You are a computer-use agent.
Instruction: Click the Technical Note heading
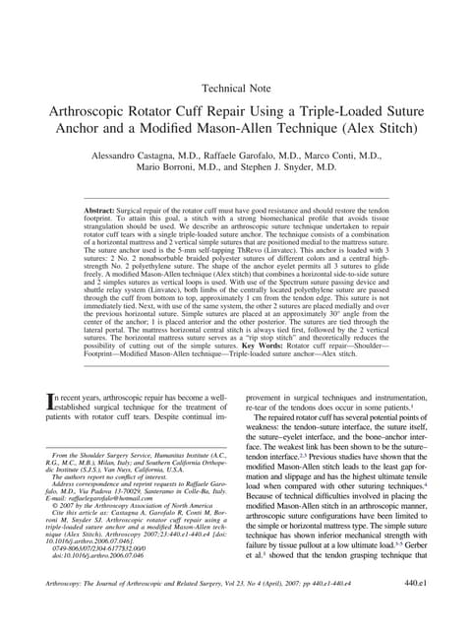tap(236, 88)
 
